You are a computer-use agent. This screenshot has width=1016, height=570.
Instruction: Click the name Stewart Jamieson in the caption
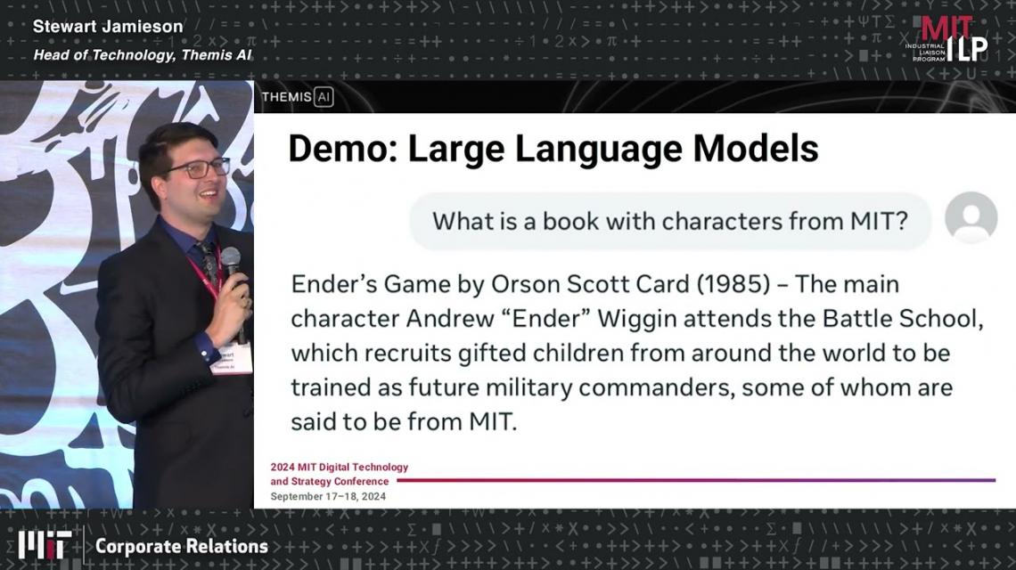(x=108, y=27)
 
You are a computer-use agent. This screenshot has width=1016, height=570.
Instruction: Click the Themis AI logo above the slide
(x=298, y=97)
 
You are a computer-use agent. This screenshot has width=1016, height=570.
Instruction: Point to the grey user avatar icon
(x=971, y=217)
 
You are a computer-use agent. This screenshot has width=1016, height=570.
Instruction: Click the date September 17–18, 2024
(x=328, y=497)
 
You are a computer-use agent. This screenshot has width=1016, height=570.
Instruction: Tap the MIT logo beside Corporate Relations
(x=44, y=545)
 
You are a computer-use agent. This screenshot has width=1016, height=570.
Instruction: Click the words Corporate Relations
(x=182, y=546)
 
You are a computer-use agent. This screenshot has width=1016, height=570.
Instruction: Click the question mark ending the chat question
(x=901, y=221)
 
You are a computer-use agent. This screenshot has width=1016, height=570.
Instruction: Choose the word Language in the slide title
(x=598, y=150)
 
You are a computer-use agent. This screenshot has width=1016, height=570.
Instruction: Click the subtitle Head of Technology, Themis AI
(x=143, y=56)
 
